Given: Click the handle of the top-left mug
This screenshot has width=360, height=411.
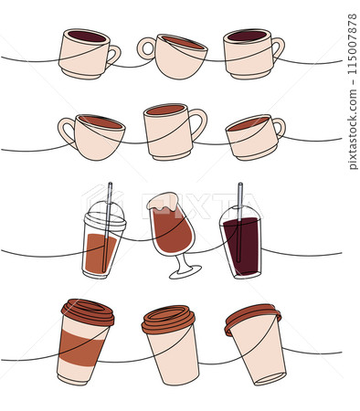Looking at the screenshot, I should click(x=113, y=55).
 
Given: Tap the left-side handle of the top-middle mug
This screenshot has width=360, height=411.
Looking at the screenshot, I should click(x=145, y=47).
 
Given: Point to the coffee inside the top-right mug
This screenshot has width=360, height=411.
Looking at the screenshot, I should click(x=247, y=37).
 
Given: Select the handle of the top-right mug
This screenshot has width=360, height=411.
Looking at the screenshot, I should click(x=277, y=47).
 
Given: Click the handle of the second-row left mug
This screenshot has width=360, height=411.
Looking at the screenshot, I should click(x=66, y=131).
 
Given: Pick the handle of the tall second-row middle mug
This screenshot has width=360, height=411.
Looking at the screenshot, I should click(x=197, y=122).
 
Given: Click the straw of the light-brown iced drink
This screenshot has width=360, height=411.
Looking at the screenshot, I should click(x=109, y=199).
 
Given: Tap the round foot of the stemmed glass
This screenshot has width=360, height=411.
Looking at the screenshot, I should click(x=186, y=271).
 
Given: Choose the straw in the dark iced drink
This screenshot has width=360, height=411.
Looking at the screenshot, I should click(x=241, y=196).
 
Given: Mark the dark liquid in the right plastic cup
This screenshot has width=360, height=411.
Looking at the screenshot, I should click(x=242, y=247).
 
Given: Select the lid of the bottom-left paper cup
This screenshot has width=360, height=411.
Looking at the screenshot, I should click(x=88, y=311).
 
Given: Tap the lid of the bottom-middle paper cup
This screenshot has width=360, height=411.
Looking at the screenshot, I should click(x=168, y=319).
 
